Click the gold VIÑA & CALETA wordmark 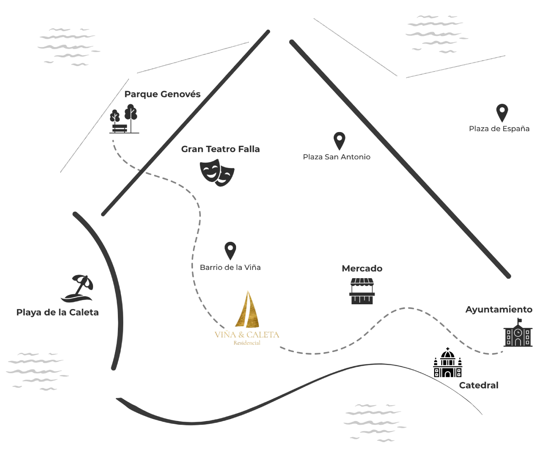pos(247,335)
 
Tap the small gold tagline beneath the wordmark pos(247,343)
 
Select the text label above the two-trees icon pos(162,94)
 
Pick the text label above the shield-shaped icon pos(221,148)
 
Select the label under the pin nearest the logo pos(230,267)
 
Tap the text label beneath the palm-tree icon pos(57,312)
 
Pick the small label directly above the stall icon pos(362,268)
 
